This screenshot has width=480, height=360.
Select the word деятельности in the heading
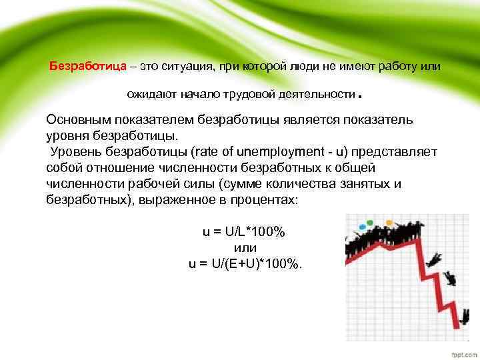tap(317, 96)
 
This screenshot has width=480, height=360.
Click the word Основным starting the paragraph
tap(79, 120)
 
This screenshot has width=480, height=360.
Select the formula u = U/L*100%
tap(244, 231)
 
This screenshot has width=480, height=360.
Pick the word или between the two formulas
tap(245, 247)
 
